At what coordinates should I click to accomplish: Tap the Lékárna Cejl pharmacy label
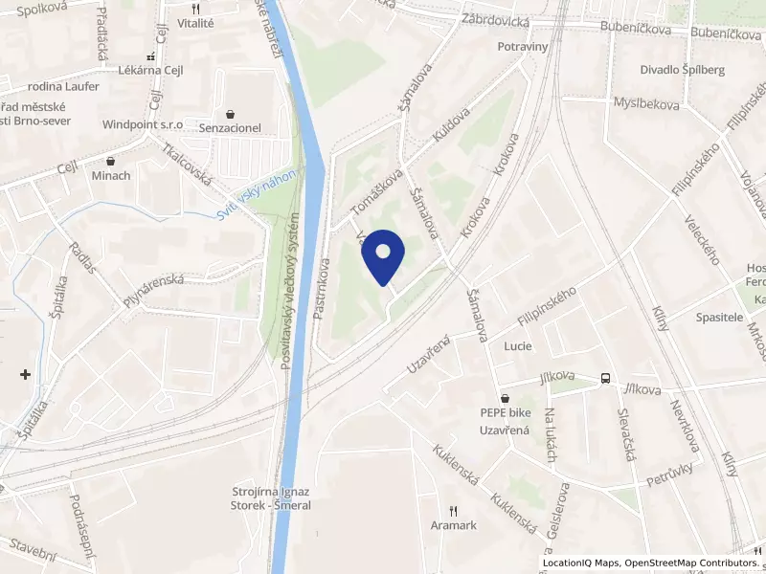click(149, 71)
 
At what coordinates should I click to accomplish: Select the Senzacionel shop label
click(230, 127)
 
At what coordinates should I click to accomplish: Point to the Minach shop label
click(111, 176)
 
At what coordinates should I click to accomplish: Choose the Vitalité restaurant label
click(195, 22)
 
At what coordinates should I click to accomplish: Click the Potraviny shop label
click(522, 46)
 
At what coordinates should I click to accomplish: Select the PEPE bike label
click(506, 413)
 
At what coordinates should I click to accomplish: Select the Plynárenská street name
click(152, 290)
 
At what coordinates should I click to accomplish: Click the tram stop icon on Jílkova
click(605, 378)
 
